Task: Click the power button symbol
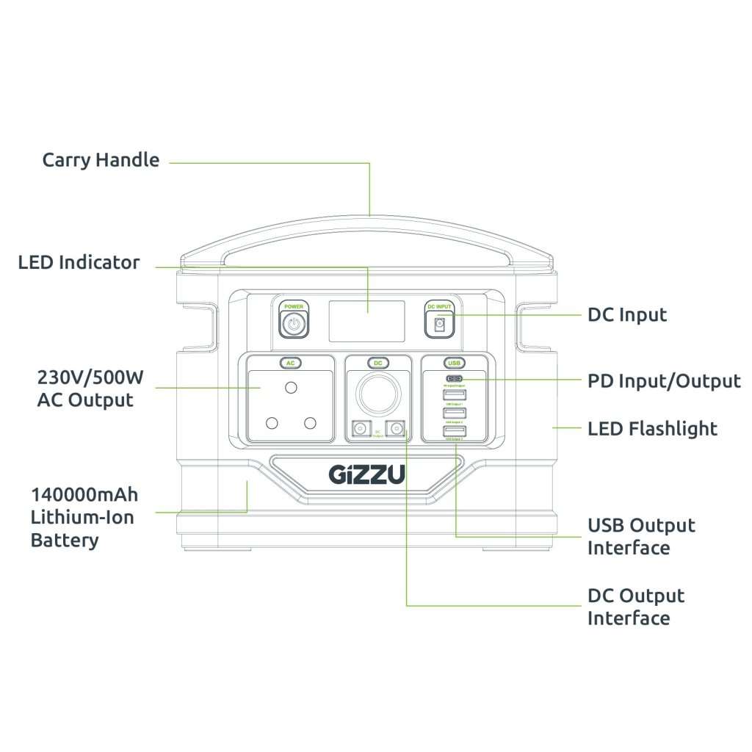point(294,324)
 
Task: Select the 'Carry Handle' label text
point(101,159)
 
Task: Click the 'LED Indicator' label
point(79,262)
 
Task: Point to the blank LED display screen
point(366,321)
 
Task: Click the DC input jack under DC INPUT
point(440,324)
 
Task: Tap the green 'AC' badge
point(290,363)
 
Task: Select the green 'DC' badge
point(377,363)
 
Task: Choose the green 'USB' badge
point(453,363)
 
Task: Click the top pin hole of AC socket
point(291,387)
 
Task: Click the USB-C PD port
point(453,380)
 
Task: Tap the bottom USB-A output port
point(453,431)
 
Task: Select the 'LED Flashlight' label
point(652,428)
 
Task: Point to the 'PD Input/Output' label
point(664,381)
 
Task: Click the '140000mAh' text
point(84,493)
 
